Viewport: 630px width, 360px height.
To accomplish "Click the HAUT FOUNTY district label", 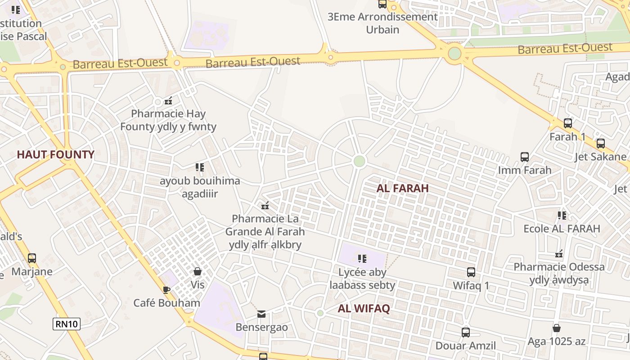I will tap(55, 154).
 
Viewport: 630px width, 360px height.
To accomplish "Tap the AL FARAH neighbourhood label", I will tap(402, 188).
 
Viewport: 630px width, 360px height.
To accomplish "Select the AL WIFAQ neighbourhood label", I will tap(364, 308).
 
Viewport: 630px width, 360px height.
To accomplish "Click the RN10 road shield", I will tap(67, 324).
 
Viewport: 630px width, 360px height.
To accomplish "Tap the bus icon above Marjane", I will tap(31, 258).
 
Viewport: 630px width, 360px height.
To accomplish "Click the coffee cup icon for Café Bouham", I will tap(166, 290).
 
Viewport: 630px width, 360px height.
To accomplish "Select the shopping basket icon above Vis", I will tap(197, 271).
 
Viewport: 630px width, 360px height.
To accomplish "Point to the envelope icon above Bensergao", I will tap(261, 314).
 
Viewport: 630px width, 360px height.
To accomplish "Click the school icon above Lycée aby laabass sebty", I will tap(362, 259).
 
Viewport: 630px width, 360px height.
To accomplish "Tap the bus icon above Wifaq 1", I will tap(471, 272).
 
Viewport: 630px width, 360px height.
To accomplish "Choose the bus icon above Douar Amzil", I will tap(466, 333).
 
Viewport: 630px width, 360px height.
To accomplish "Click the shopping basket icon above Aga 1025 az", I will tap(557, 328).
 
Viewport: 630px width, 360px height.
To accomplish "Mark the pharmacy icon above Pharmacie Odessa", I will tap(559, 254).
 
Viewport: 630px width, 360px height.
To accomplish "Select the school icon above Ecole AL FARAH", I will tap(562, 216).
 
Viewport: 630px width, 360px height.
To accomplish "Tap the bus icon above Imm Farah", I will tap(524, 157).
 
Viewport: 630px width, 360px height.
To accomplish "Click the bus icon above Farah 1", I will tap(567, 123).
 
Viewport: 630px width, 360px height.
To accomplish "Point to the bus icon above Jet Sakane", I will tap(600, 144).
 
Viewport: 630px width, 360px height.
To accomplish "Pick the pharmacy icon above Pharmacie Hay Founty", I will tap(168, 101).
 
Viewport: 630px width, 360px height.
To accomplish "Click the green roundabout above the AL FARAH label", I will tap(359, 161).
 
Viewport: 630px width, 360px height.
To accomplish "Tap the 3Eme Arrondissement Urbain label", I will tap(382, 23).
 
